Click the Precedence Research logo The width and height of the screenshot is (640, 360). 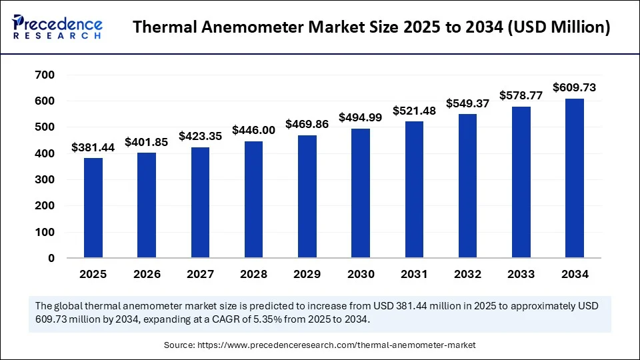coord(57,27)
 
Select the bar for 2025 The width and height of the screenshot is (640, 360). coord(93,208)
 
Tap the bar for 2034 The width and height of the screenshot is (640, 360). coord(574,179)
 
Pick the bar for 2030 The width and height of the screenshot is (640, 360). coord(361,193)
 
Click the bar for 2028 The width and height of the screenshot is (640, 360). coord(253,200)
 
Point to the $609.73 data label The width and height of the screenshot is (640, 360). coord(574,87)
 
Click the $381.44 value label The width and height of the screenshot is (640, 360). coord(93,147)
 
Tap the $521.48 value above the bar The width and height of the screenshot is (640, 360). coord(414,111)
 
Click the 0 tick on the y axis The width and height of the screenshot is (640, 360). coord(51,259)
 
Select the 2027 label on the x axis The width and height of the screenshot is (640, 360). coord(200,274)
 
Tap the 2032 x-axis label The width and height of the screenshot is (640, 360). coord(467,274)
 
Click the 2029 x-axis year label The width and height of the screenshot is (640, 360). coord(307,274)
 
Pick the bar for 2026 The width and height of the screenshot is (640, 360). coord(147,205)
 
